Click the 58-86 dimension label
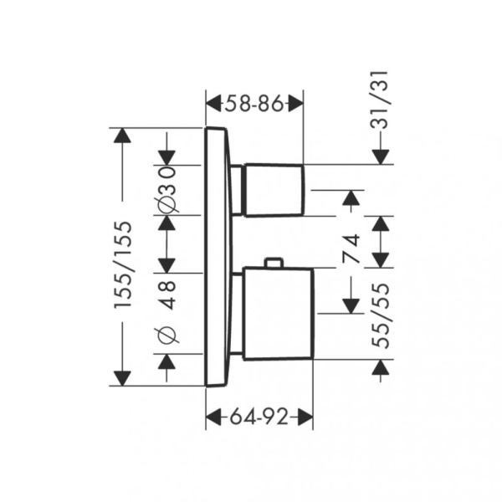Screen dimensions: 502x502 coord(254,103)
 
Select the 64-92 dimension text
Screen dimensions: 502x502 coord(259,417)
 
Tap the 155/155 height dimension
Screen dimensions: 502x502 coord(123,264)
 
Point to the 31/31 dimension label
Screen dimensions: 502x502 coord(380,100)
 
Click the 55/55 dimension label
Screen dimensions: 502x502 coord(381,315)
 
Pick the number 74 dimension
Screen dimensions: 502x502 coord(351,248)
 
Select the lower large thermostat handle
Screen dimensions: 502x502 coord(278,314)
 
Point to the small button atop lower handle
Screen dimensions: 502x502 coord(273,262)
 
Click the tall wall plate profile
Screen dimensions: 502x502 coord(216,257)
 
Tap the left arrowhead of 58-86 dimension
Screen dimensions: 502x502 coord(213,103)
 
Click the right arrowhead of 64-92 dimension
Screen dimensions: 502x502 coord(305,417)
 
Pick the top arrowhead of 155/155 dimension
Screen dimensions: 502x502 coord(123,136)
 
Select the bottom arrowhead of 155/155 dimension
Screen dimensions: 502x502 coord(123,378)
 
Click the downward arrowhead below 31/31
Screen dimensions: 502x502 coord(381,157)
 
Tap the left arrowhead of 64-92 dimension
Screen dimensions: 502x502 coord(213,417)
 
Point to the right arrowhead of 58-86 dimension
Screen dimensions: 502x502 coord(295,103)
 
